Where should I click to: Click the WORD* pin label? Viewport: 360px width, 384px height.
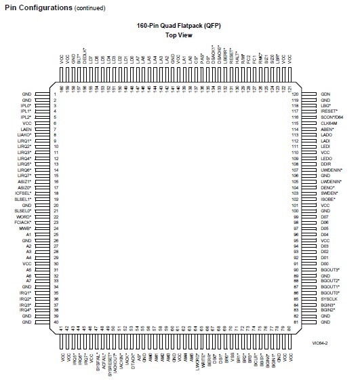[x=25, y=216]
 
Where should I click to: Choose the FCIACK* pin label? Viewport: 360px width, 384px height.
[x=24, y=223]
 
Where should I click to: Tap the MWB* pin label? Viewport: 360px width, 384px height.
[x=26, y=229]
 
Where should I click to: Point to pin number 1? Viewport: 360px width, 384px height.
[x=54, y=94]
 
